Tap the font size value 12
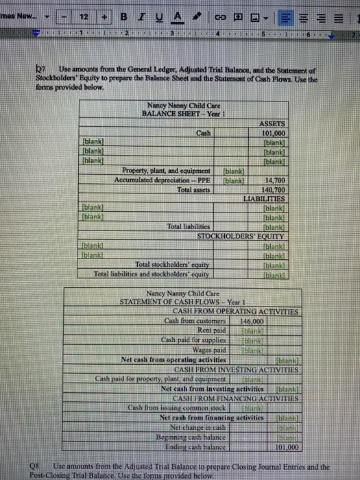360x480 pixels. pos(84,16)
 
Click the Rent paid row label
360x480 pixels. pos(211,331)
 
